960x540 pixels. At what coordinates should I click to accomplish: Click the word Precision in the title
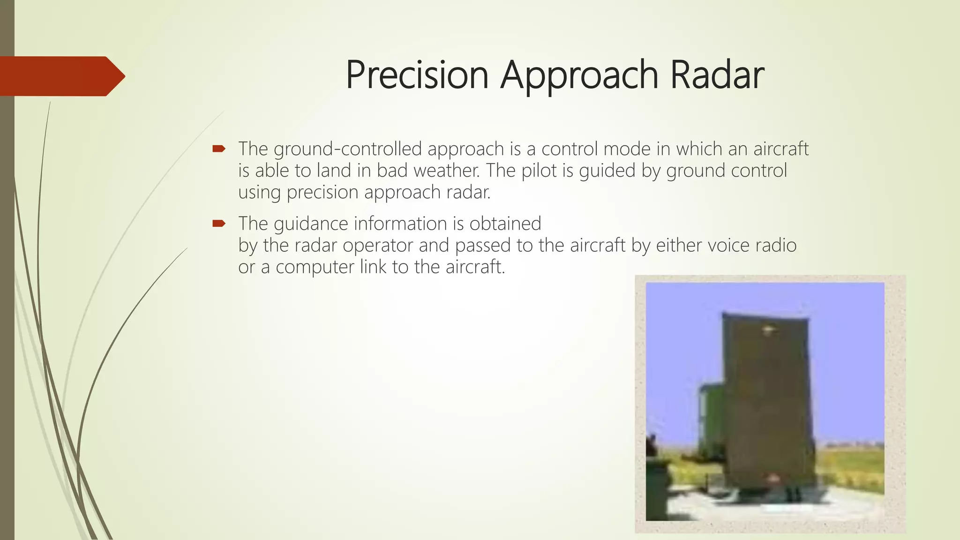click(x=417, y=75)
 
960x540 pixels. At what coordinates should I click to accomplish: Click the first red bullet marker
click(x=219, y=149)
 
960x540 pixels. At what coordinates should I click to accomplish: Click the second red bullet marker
click(x=219, y=224)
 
